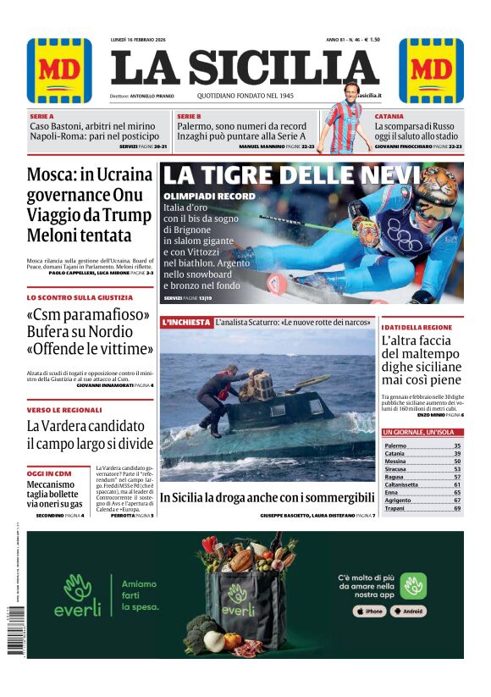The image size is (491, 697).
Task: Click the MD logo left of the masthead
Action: (x=59, y=71)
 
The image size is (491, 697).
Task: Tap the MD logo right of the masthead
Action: (x=431, y=71)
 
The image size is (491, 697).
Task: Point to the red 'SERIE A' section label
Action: (x=41, y=116)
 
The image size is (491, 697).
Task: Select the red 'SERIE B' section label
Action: (x=189, y=116)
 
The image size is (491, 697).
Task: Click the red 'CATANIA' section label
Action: (x=389, y=116)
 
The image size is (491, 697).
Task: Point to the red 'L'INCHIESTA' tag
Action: (x=186, y=323)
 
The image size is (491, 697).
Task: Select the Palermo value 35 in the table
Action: (x=457, y=445)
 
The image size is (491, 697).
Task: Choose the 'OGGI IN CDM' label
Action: (x=49, y=473)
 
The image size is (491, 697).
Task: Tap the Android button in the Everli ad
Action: (x=409, y=611)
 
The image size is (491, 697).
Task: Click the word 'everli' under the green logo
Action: (x=77, y=607)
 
